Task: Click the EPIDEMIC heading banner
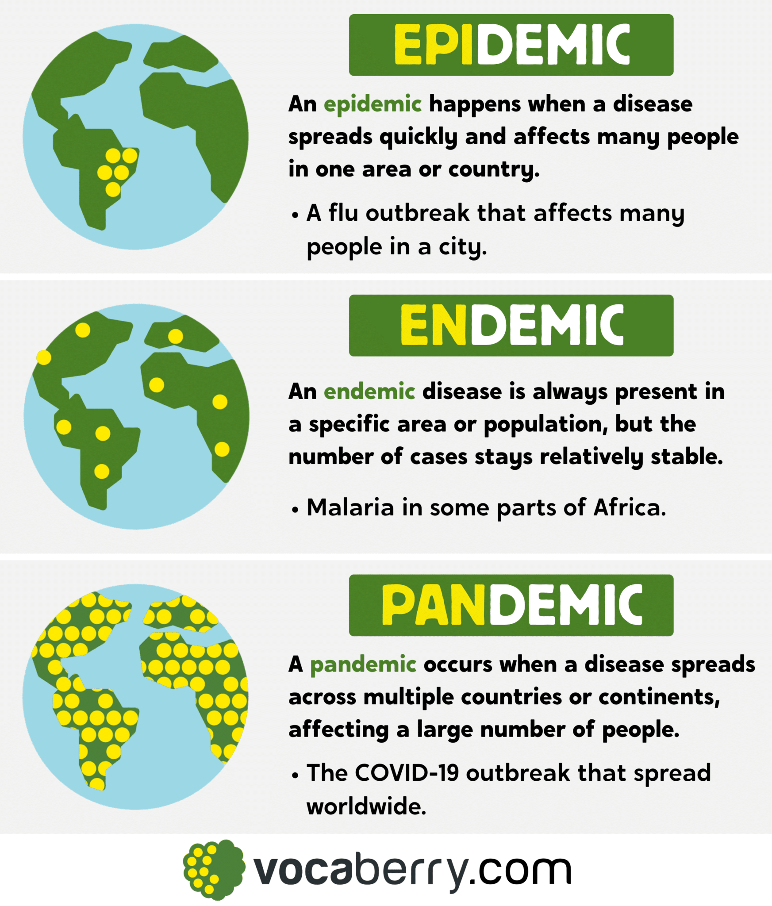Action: coord(511,45)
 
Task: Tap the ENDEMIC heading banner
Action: coord(511,325)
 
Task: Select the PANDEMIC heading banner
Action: coord(511,605)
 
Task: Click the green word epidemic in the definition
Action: coord(373,104)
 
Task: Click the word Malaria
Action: coord(350,508)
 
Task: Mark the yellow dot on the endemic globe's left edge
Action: coord(44,357)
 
